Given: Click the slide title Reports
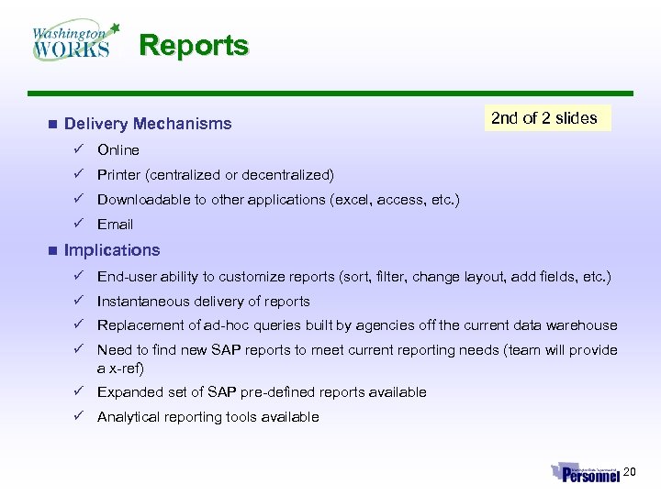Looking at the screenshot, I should point(194,45).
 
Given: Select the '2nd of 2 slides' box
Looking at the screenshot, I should point(544,118).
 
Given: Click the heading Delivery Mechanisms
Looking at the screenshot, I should point(148,124).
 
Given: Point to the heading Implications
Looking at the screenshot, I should point(112,250).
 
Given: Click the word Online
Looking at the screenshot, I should point(118,149).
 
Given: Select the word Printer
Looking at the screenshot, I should point(119,174).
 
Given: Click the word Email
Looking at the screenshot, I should point(116,224).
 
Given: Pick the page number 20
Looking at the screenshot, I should point(630,471).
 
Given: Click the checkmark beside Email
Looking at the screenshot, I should point(80,224).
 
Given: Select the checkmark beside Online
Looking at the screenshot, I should point(80,149).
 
